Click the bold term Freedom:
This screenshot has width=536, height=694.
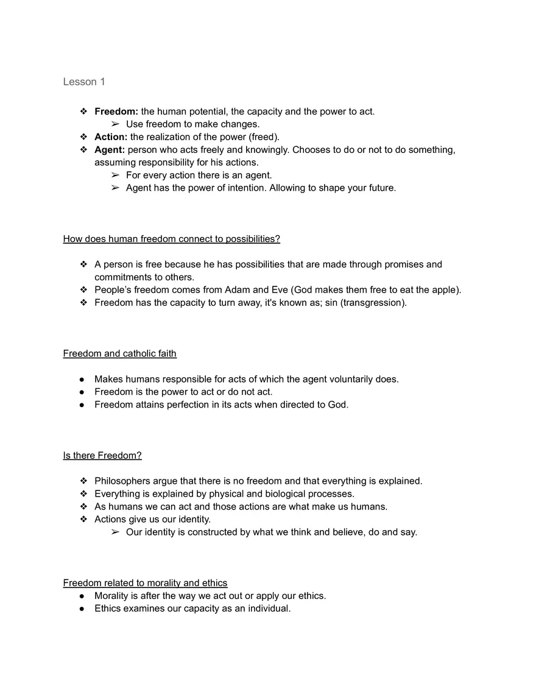tap(116, 112)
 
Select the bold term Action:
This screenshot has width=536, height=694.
tap(111, 137)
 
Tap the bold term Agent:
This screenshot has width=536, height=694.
tap(110, 150)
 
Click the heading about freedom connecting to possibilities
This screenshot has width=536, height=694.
tap(171, 239)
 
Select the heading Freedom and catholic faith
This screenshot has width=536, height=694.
tap(119, 353)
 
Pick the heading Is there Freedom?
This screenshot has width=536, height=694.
tap(102, 455)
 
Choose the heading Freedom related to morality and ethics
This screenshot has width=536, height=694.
tap(145, 583)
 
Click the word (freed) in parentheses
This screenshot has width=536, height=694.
tap(264, 137)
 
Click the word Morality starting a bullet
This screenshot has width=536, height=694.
tap(113, 596)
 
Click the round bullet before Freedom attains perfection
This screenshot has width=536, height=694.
tap(83, 405)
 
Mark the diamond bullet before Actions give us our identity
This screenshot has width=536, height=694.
tap(83, 519)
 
